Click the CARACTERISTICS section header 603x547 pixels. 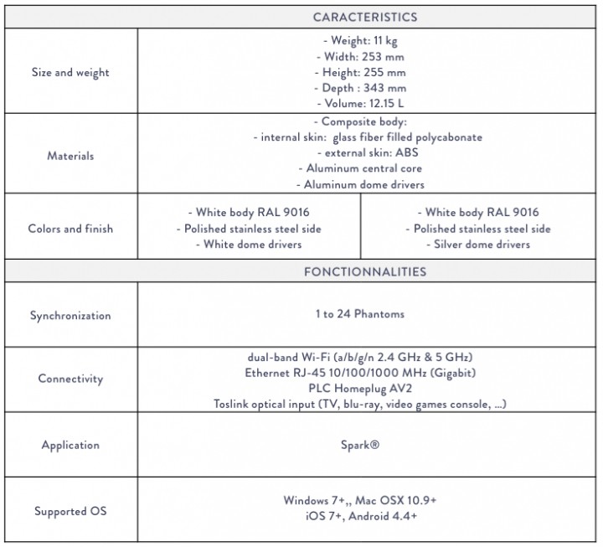(x=364, y=17)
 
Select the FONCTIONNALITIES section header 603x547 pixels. (x=364, y=271)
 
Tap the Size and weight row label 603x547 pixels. (x=70, y=73)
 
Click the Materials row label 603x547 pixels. (x=70, y=156)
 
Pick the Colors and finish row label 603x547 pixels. (x=70, y=229)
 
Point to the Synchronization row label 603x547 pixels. (x=70, y=316)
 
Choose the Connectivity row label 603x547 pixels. (x=70, y=379)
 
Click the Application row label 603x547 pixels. (x=70, y=445)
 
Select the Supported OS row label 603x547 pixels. (x=70, y=510)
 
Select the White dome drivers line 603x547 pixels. (x=249, y=245)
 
